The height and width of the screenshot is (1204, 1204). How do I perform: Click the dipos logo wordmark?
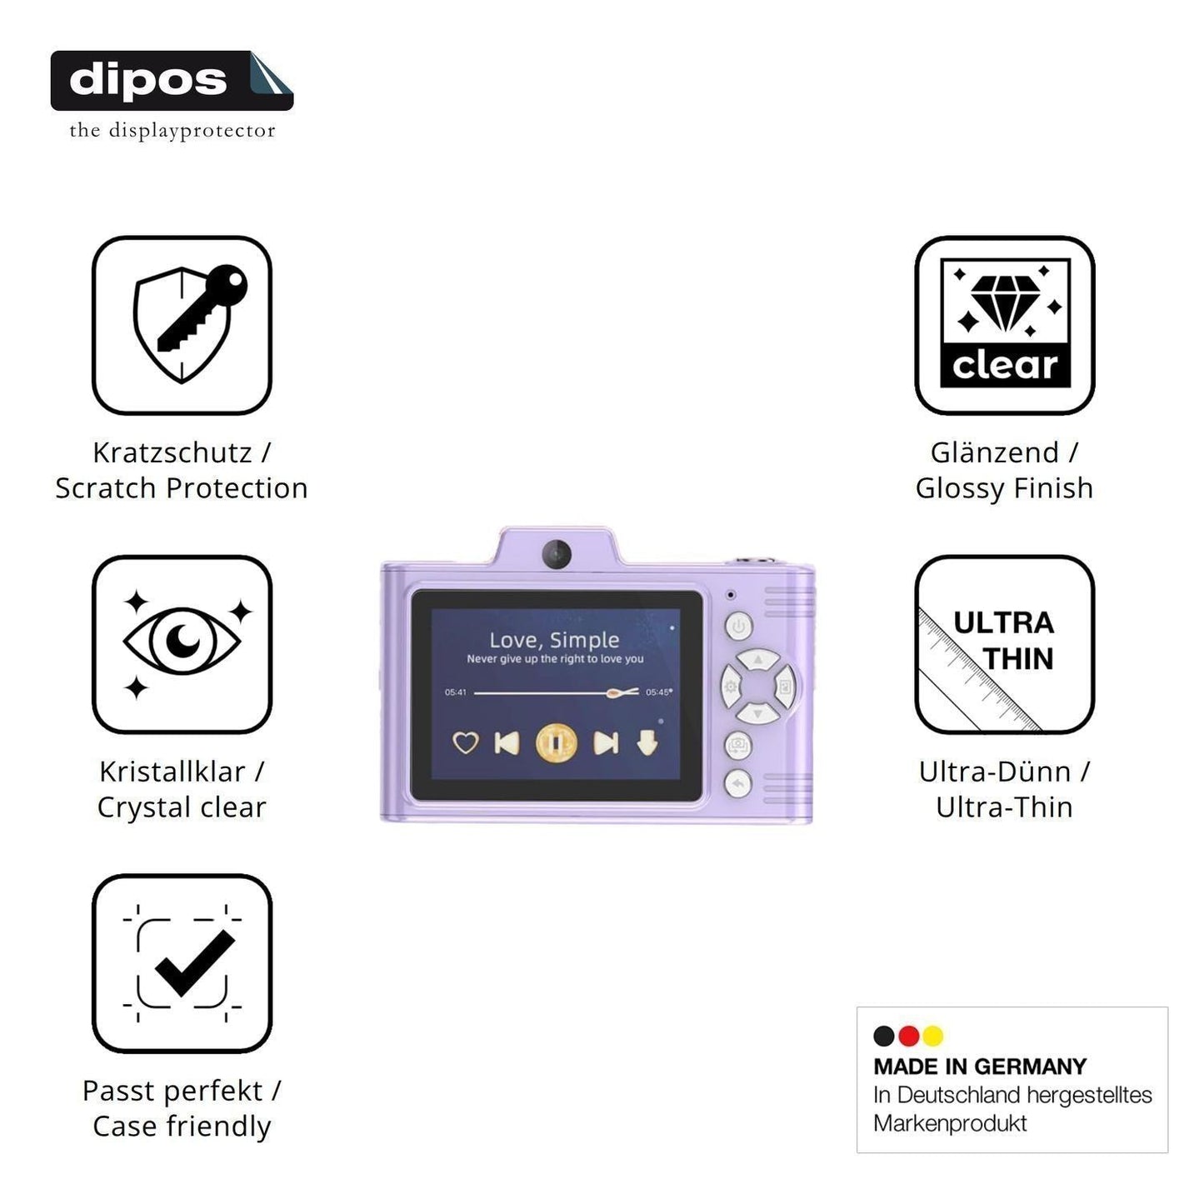(148, 81)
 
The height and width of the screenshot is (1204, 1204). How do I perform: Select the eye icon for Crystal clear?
(182, 641)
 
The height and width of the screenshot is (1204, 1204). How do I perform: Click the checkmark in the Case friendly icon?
(195, 962)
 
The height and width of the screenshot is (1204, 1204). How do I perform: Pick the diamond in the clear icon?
(1005, 303)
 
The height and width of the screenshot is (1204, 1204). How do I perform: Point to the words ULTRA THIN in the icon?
(1004, 641)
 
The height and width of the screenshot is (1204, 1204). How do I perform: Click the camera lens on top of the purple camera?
(556, 553)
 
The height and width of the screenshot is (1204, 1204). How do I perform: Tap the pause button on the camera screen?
(556, 743)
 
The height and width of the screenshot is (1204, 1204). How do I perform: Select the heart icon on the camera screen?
(466, 743)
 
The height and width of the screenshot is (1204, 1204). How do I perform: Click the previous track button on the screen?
(506, 743)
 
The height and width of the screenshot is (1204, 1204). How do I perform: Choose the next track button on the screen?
(606, 743)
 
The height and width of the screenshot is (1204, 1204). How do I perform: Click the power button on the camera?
(738, 626)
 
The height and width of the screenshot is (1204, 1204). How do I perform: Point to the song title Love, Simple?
(554, 640)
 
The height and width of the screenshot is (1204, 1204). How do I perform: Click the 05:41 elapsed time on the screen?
(456, 692)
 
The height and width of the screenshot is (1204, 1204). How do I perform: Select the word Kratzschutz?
(172, 453)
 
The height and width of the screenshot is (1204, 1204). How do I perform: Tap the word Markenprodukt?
(950, 1123)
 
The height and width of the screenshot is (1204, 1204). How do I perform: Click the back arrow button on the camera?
(738, 783)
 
